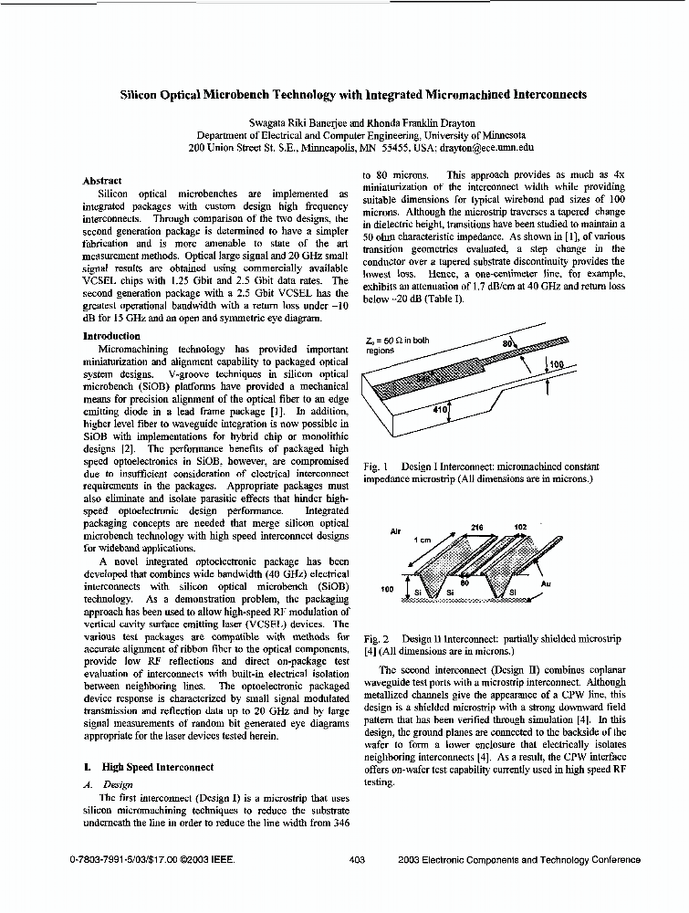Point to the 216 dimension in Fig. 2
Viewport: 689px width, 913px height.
[475, 527]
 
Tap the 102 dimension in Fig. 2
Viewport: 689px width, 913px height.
[520, 527]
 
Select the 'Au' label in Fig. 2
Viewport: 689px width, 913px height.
[571, 582]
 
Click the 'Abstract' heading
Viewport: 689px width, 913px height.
[101, 181]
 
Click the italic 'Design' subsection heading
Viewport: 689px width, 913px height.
[119, 784]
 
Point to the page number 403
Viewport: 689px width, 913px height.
[357, 859]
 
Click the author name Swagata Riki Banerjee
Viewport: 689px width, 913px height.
[290, 122]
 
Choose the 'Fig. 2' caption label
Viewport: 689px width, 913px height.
[375, 639]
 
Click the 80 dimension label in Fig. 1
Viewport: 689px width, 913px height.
[508, 343]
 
